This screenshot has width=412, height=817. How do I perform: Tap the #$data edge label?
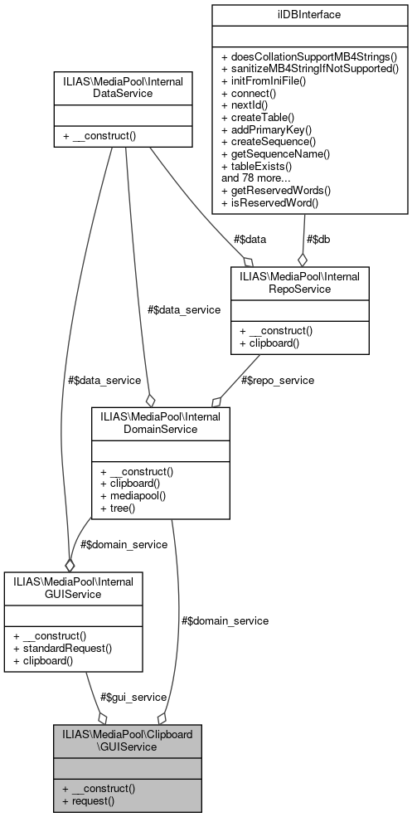pyautogui.click(x=250, y=239)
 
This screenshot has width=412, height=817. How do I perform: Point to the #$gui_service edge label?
pyautogui.click(x=133, y=697)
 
